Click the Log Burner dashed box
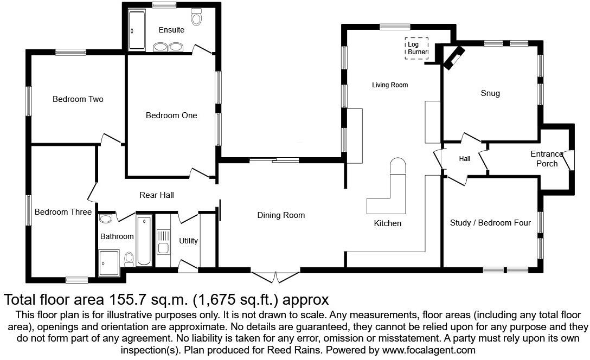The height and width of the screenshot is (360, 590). click(x=416, y=48)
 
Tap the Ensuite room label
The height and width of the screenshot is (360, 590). click(x=171, y=30)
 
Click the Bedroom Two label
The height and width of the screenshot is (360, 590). click(x=78, y=99)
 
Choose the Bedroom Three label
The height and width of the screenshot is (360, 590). click(x=63, y=212)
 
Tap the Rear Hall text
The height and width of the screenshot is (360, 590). click(x=156, y=195)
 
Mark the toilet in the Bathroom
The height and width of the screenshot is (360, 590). click(x=129, y=259)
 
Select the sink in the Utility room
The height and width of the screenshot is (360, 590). click(x=163, y=242)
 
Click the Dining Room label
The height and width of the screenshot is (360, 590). click(x=281, y=215)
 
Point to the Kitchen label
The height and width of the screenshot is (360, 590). click(x=388, y=223)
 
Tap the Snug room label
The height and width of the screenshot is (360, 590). click(x=490, y=93)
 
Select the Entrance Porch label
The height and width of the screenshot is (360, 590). click(x=547, y=158)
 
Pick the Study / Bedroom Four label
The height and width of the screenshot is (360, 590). click(x=490, y=223)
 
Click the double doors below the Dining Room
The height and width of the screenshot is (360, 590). click(x=276, y=277)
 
